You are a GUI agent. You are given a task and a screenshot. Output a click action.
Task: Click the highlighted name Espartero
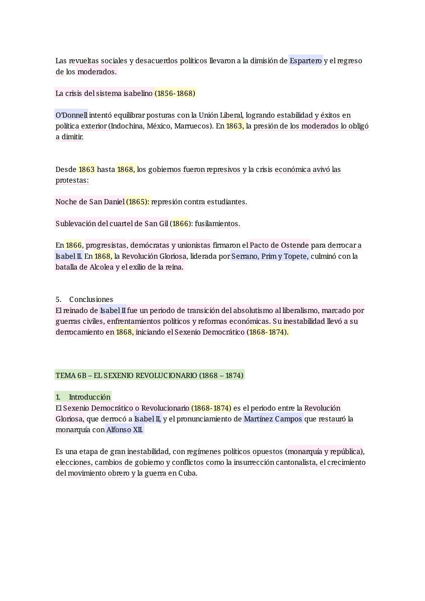tap(305, 61)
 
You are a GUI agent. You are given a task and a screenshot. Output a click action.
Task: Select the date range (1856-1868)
tap(175, 93)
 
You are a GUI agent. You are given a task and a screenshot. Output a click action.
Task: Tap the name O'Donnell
tap(72, 115)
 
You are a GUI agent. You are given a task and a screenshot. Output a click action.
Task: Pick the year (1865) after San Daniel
tap(138, 202)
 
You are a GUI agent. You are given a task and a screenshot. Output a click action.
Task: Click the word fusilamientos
tap(217, 224)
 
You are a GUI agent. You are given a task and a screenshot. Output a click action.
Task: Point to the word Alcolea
tap(102, 267)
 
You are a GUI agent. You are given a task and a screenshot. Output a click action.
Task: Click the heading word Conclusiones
tap(91, 300)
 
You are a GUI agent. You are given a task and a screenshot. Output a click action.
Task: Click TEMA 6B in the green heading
tap(71, 375)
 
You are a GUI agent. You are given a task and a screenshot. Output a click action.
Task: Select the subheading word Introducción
tap(90, 397)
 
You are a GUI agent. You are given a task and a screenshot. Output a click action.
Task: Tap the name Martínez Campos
tap(273, 419)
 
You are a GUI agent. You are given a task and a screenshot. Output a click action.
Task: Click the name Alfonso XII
tap(125, 429)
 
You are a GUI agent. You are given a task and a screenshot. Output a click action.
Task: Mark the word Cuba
tap(187, 473)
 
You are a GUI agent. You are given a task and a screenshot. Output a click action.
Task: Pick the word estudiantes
tap(227, 202)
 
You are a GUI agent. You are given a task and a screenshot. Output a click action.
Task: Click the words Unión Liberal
tap(221, 115)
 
